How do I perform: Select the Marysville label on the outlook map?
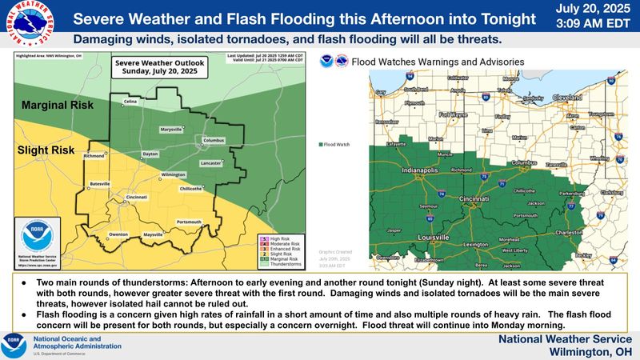tap(171, 129)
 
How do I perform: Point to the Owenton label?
tap(118, 234)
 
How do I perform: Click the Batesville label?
tap(100, 183)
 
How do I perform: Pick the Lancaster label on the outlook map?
tap(210, 162)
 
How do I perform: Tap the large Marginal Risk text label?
tap(58, 105)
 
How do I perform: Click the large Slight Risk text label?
tap(48, 150)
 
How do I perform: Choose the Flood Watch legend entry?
tap(335, 145)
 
